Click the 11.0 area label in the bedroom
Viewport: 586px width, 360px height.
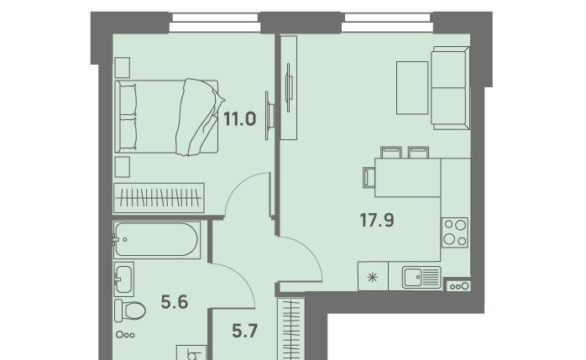pos(239,119)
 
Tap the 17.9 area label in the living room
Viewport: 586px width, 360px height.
pos(377,220)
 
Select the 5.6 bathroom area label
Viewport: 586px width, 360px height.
pos(175,302)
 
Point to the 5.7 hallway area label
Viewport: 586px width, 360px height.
pos(245,331)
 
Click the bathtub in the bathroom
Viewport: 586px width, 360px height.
pos(157,239)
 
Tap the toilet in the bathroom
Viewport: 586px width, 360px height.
pos(129,310)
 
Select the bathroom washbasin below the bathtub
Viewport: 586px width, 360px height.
pos(123,279)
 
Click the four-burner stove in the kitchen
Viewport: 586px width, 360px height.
pos(455,232)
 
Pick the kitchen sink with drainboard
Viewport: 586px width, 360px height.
pos(421,277)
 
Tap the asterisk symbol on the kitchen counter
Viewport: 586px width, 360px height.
pos(372,277)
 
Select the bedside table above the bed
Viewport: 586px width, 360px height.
pos(123,68)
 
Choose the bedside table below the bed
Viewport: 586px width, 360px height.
pos(123,166)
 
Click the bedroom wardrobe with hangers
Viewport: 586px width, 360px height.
pos(160,198)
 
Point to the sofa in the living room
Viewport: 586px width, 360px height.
pos(450,88)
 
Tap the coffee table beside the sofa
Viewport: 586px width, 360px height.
pos(412,88)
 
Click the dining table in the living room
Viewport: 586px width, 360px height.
pos(408,177)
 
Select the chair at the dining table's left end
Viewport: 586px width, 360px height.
pos(369,177)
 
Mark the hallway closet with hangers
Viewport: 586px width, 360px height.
pos(291,329)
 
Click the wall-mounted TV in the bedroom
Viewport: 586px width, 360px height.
pos(269,116)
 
